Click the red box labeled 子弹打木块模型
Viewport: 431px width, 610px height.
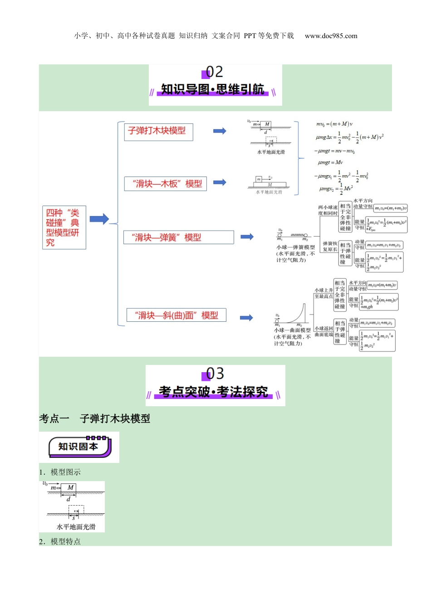tap(158, 132)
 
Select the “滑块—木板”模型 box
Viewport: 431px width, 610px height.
tap(166, 184)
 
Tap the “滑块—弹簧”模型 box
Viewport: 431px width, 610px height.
tap(179, 237)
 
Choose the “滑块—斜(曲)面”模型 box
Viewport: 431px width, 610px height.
tap(176, 315)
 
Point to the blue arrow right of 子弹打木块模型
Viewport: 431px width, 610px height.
tap(220, 131)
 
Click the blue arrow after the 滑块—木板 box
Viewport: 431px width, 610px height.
tap(220, 182)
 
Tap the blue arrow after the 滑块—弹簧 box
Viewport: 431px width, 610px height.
tap(247, 236)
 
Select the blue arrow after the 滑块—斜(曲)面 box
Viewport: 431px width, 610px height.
tap(246, 318)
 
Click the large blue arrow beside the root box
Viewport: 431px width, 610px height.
tap(99, 219)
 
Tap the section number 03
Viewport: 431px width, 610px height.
tap(215, 374)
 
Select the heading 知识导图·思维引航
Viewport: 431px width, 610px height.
tap(213, 89)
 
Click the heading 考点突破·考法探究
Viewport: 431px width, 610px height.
tap(213, 392)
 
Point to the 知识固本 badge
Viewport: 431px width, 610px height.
tap(79, 447)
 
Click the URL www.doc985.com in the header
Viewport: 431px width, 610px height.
tap(331, 36)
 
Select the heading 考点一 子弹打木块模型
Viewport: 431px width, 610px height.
tap(95, 418)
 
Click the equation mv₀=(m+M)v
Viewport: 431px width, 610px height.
tap(334, 124)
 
